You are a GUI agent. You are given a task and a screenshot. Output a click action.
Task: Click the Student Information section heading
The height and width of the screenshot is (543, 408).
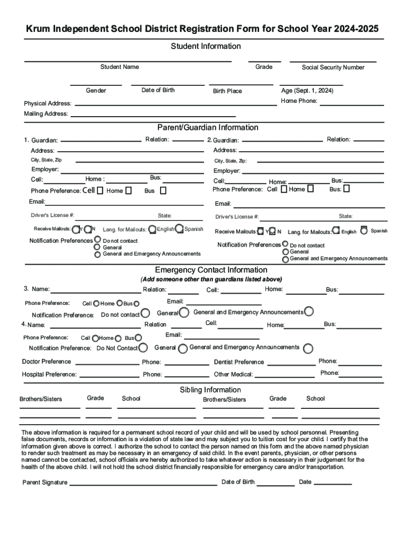206,46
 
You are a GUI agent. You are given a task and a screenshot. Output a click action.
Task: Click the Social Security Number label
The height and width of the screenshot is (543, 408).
333,67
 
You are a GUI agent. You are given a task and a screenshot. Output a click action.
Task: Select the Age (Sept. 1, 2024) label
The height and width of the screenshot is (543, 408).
307,91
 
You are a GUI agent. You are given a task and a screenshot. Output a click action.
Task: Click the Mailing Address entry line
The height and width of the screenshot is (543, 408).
154,115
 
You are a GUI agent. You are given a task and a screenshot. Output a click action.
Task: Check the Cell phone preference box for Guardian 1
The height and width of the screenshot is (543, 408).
100,190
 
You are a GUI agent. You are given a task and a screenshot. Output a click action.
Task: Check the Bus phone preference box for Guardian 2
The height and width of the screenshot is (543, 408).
347,188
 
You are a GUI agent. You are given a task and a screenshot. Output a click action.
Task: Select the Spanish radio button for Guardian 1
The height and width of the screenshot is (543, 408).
180,229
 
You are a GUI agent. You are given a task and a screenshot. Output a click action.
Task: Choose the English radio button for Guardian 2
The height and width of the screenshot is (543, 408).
336,231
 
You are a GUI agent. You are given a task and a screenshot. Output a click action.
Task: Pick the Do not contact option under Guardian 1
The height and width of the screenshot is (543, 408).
97,241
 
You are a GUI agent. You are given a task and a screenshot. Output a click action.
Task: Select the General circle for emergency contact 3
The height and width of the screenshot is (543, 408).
184,313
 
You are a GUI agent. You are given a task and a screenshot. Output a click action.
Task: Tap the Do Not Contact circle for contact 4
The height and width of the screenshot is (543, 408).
143,348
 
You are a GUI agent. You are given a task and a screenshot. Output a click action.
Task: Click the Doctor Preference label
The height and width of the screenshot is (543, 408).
46,362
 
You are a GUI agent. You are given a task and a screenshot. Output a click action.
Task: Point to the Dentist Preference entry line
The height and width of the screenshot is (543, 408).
291,365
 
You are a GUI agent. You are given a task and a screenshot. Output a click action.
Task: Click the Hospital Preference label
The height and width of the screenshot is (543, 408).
49,374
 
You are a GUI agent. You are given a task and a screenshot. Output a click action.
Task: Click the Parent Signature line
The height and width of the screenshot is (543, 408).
143,485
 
